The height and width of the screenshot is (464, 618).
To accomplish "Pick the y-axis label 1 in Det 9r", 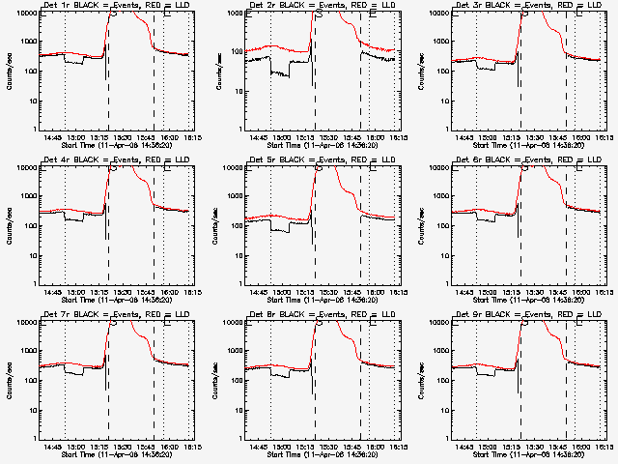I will tap(451, 439).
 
